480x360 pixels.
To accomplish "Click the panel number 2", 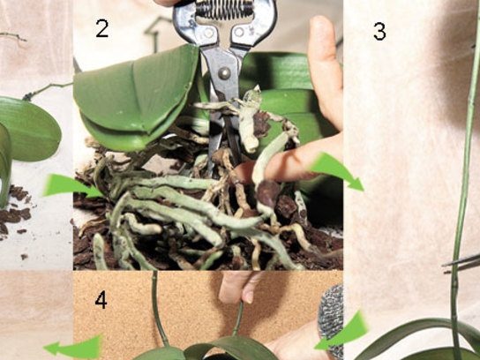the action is click(102, 28).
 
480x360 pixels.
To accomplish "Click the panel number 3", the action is click(379, 32).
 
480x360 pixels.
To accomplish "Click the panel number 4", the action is click(101, 300).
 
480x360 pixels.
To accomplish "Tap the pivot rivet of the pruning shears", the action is click(224, 73).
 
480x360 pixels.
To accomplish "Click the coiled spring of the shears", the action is click(224, 8).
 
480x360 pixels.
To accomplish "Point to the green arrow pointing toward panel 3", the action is click(337, 171).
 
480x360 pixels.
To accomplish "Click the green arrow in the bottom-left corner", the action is click(73, 348).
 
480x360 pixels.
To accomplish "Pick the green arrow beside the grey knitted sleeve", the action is click(342, 332).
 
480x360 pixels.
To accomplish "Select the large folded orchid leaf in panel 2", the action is click(135, 98).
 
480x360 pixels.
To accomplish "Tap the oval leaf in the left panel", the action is click(29, 129).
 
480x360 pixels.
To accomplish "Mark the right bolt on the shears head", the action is click(239, 32).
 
